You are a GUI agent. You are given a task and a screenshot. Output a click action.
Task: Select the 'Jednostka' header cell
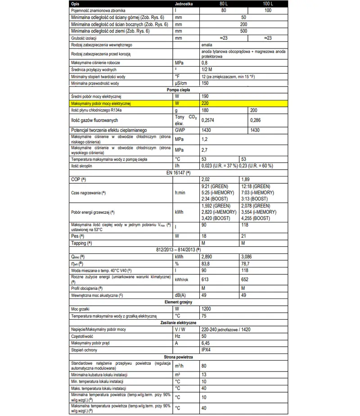(186, 3)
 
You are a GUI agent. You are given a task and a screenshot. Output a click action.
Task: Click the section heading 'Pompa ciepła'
(179, 90)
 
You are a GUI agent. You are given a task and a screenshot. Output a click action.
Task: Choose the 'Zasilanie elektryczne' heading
(179, 323)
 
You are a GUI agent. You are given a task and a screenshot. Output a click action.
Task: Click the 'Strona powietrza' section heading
(179, 357)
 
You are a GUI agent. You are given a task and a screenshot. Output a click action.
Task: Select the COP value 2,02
(206, 179)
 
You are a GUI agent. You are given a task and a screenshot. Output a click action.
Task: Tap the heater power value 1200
(206, 309)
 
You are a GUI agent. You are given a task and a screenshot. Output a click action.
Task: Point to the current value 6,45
(206, 343)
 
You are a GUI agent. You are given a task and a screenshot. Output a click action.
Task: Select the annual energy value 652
(245, 279)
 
